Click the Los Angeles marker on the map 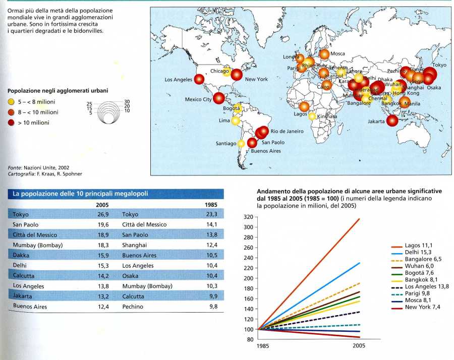[199, 79]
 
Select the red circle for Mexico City [218, 98]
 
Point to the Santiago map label [226, 144]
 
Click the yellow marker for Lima [235, 121]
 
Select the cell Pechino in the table [133, 306]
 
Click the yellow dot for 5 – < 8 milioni [11, 102]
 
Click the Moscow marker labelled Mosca [324, 54]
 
